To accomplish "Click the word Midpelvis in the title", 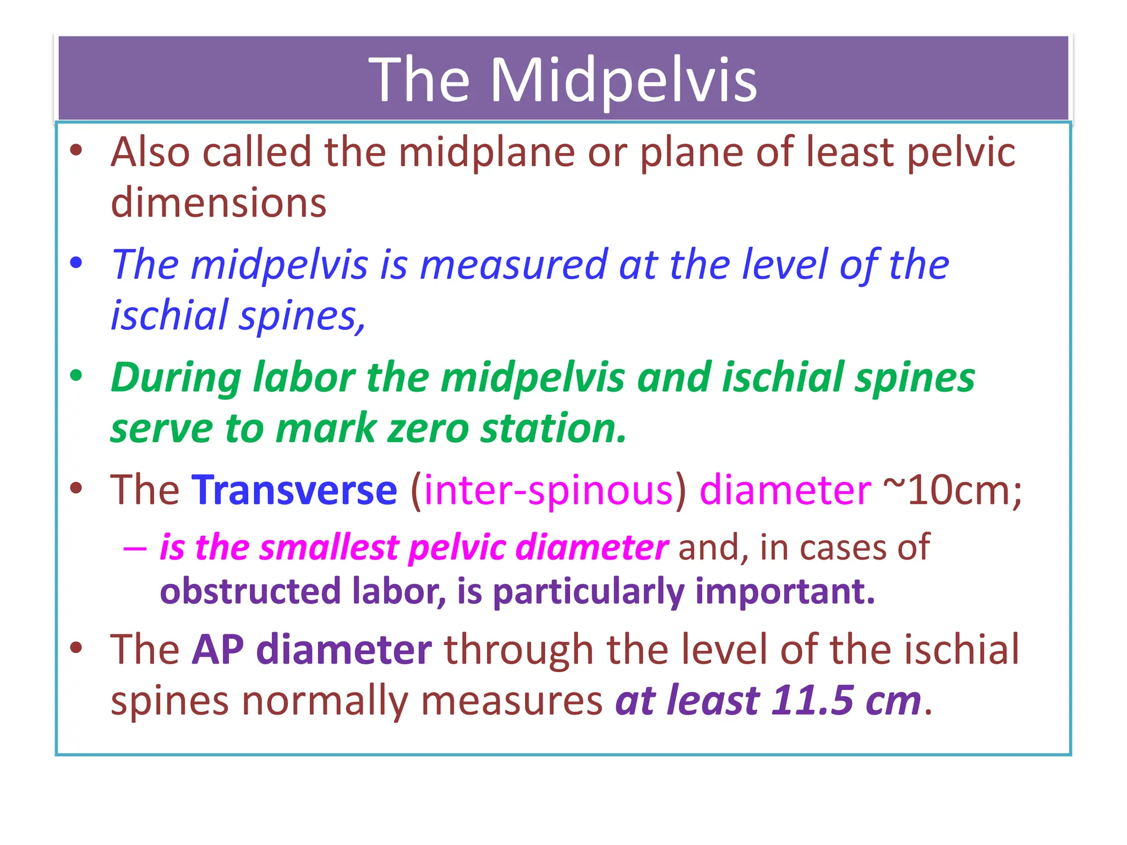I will pyautogui.click(x=623, y=81).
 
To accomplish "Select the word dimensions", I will pyautogui.click(x=218, y=202).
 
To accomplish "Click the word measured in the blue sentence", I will pyautogui.click(x=514, y=265).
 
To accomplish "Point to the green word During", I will pyautogui.click(x=176, y=378).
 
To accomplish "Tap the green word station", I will pyautogui.click(x=553, y=429).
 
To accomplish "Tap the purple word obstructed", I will pyautogui.click(x=250, y=591).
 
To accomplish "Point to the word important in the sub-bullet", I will pyautogui.click(x=784, y=591).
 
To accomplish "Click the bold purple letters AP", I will pyautogui.click(x=217, y=650).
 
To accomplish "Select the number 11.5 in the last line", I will pyautogui.click(x=812, y=701).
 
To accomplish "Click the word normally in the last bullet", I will pyautogui.click(x=325, y=701).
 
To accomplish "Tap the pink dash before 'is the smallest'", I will pyautogui.click(x=135, y=548).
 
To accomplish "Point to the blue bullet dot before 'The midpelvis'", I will pyautogui.click(x=76, y=263).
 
